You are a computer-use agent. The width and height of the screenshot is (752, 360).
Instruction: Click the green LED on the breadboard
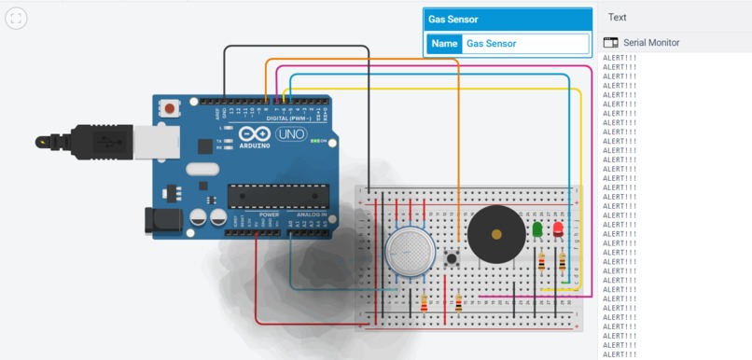click(x=537, y=229)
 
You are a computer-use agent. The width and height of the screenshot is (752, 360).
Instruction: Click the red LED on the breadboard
click(x=558, y=229)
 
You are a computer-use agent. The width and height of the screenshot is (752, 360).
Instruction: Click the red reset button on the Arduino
click(x=170, y=109)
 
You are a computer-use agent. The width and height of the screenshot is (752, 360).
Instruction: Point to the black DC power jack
click(x=161, y=221)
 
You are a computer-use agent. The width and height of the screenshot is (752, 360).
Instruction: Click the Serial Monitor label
click(x=651, y=43)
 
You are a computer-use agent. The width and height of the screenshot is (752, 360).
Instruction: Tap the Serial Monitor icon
click(x=611, y=43)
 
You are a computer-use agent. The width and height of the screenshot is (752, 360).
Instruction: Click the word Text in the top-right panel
click(x=617, y=17)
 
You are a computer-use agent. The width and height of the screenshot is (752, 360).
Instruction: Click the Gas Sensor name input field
click(x=525, y=44)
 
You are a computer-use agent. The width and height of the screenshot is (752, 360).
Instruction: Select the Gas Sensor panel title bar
click(x=508, y=19)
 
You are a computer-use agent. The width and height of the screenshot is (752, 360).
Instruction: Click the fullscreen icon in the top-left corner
click(x=17, y=18)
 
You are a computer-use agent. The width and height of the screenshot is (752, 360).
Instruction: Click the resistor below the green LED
click(x=541, y=264)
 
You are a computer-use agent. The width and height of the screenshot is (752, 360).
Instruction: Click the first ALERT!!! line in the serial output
click(x=620, y=58)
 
